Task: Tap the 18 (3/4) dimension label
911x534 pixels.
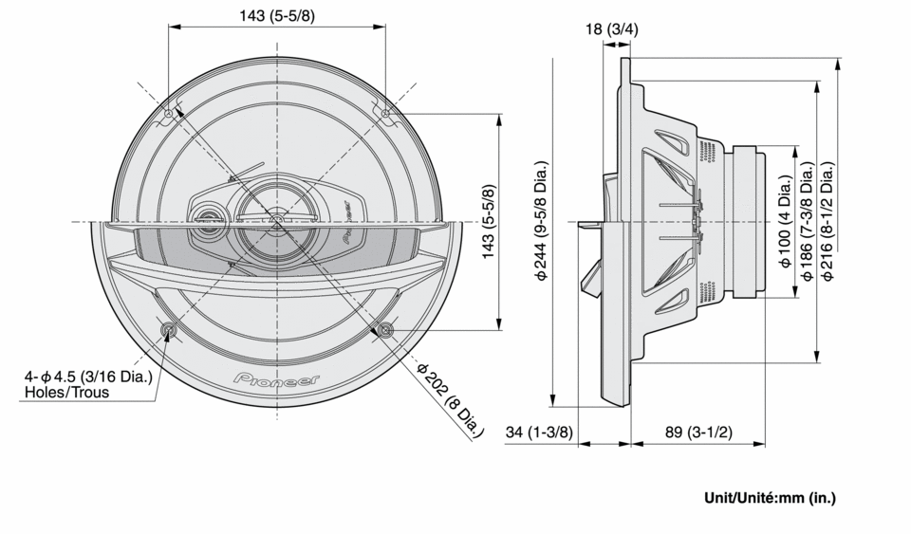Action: tap(612, 29)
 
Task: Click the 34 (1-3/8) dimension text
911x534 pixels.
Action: tap(539, 433)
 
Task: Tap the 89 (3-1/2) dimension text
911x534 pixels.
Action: tap(697, 433)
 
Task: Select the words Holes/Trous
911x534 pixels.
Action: tap(66, 392)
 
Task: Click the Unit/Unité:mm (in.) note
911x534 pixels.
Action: tap(770, 497)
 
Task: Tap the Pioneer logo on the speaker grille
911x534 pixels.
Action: tap(276, 379)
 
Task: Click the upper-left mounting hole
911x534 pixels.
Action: tap(169, 115)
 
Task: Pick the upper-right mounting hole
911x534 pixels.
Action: tap(385, 115)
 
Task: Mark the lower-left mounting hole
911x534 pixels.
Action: tap(169, 330)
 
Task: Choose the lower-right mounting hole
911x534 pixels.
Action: tap(385, 330)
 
